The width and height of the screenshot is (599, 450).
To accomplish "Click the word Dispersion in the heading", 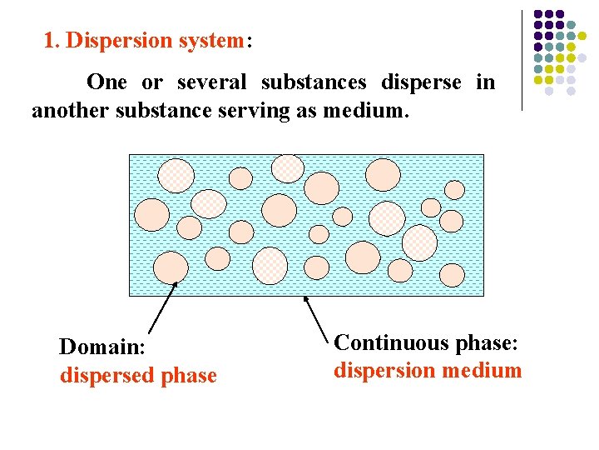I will [112, 41].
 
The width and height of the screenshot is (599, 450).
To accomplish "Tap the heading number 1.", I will [50, 41].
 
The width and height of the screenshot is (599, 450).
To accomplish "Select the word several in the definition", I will [212, 82].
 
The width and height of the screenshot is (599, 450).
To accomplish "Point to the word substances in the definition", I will [314, 82].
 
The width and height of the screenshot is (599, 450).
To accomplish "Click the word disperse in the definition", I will [421, 82].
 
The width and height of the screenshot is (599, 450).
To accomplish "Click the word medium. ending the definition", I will [374, 109].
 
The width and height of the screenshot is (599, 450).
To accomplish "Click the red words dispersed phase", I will [138, 376].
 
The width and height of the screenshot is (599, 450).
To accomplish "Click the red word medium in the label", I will [482, 371].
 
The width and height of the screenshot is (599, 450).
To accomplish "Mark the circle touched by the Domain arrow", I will [171, 267].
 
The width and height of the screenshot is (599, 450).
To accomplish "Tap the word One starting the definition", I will [106, 82].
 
